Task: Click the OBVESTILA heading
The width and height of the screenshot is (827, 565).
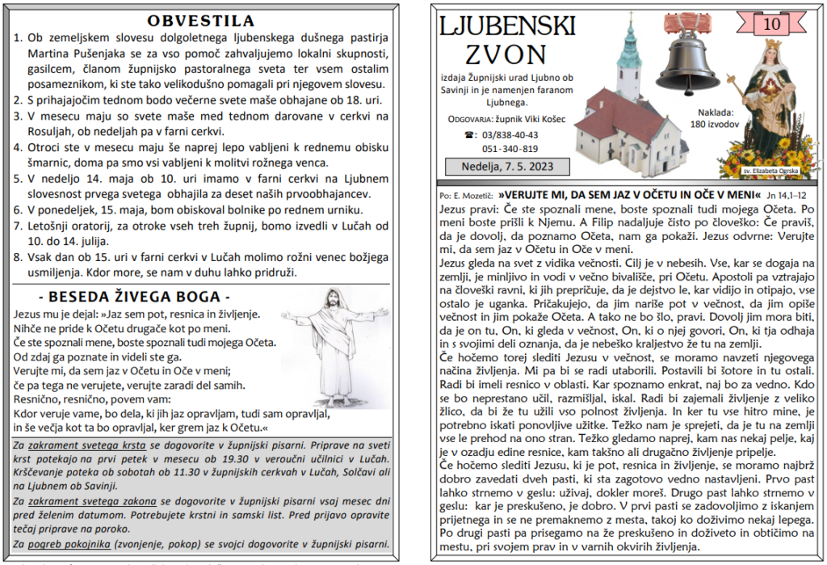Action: click(202, 20)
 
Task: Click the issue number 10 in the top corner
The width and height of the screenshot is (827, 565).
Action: click(773, 24)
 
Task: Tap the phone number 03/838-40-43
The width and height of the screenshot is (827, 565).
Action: click(510, 135)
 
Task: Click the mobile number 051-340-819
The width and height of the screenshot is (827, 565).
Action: click(510, 149)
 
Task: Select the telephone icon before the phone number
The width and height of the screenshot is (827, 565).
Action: click(469, 135)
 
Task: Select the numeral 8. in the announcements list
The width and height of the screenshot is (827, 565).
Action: click(19, 258)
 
